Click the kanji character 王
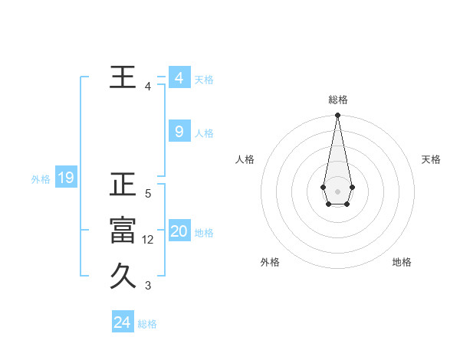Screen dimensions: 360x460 coord(123,77)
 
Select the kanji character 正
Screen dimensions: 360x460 coord(123,185)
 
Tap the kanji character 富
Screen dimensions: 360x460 coord(123,230)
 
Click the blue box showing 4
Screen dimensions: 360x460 coord(179,78)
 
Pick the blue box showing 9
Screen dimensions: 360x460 coord(179,132)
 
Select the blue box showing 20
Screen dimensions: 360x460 coord(179,231)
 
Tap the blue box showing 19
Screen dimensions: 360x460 coord(65,178)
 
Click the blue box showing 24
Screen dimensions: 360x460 coord(122,322)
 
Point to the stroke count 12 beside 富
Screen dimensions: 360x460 coord(148,240)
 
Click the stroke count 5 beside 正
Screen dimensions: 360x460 coord(148,194)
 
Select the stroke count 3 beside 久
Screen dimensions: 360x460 coord(148,286)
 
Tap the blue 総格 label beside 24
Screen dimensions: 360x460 coord(147,324)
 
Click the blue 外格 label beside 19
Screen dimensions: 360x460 coord(41,179)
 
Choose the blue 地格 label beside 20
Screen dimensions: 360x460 coord(204,233)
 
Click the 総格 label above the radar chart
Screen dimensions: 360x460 coord(338,100)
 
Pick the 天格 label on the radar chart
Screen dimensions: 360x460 coord(431,159)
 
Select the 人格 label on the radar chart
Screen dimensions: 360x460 coord(245,159)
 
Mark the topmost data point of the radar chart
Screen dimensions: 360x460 coord(337,116)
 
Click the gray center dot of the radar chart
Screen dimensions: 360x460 coord(337,191)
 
